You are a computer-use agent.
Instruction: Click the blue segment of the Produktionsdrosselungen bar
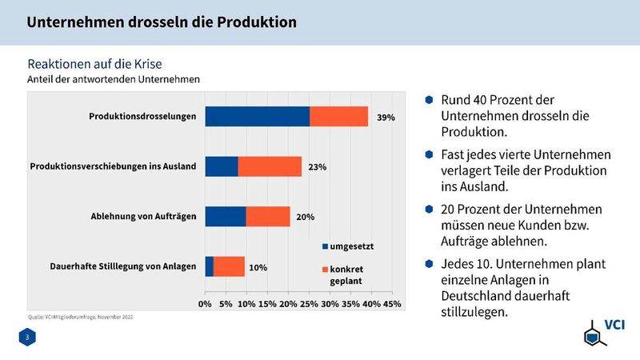[x=257, y=116]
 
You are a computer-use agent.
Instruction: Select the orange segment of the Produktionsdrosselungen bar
[x=338, y=116]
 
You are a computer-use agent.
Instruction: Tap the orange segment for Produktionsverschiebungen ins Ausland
[x=270, y=166]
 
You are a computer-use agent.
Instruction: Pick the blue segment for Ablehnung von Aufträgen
[x=226, y=216]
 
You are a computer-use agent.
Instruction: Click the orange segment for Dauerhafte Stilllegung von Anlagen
[x=229, y=266]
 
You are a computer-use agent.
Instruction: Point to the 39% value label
[x=386, y=118]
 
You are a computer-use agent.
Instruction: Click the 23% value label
[x=318, y=168]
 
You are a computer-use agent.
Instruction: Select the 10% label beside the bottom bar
[x=258, y=267]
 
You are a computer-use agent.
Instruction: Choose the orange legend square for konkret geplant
[x=325, y=269]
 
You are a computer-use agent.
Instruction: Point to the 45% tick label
[x=392, y=304]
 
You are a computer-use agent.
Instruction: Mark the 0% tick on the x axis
[x=205, y=304]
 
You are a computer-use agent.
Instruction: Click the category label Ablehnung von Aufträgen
[x=143, y=217]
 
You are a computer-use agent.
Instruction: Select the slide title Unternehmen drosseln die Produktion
[x=162, y=22]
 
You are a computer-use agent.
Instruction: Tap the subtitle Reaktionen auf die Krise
[x=98, y=63]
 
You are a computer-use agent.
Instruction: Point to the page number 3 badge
[x=28, y=339]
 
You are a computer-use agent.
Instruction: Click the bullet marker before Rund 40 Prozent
[x=429, y=99]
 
